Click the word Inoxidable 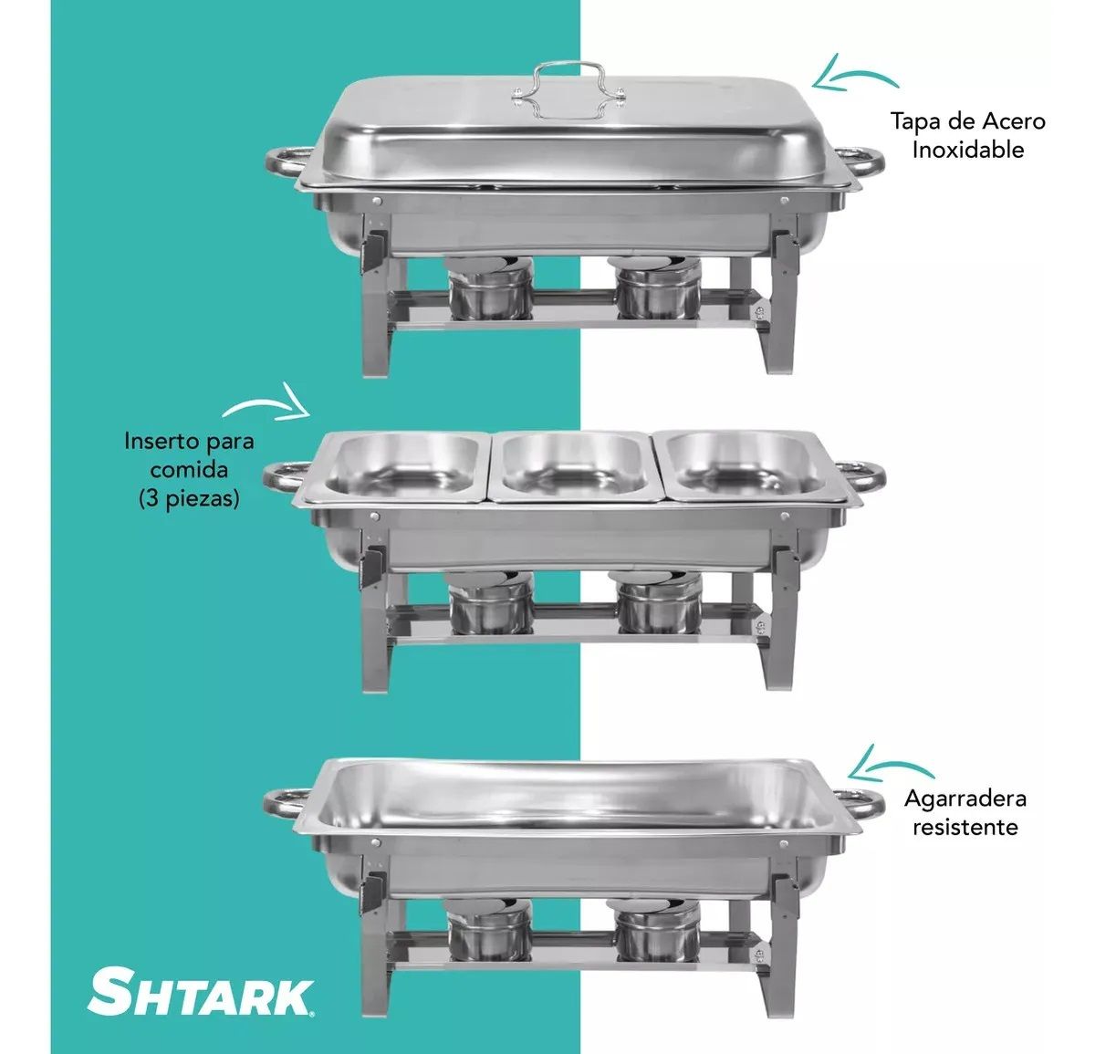click(x=967, y=151)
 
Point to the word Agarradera click(x=965, y=799)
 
